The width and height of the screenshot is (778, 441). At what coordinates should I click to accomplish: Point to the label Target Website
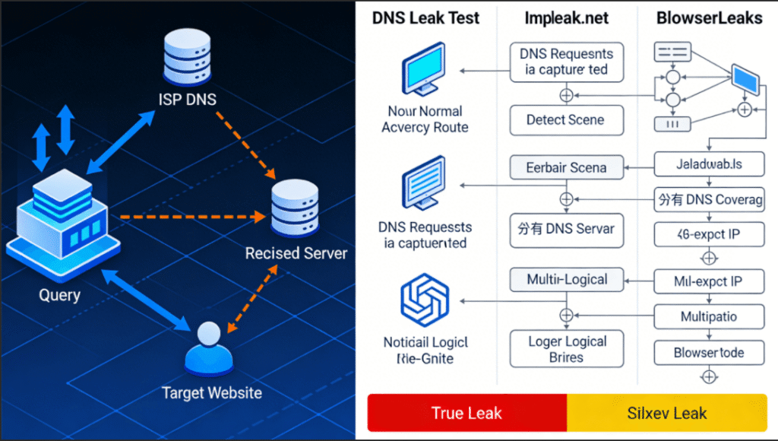[212, 393]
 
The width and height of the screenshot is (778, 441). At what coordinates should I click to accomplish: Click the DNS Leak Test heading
[425, 17]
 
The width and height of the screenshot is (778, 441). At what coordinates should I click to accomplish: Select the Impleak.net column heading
[565, 17]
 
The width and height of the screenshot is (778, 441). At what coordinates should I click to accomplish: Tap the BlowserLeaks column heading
[709, 17]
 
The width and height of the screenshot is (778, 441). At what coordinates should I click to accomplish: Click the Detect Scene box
[565, 120]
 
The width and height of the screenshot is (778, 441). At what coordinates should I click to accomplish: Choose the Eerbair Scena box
[565, 167]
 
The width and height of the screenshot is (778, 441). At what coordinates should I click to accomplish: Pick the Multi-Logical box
[567, 280]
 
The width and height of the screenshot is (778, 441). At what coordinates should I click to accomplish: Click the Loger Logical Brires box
[565, 349]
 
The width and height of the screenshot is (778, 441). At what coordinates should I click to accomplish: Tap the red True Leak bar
[466, 414]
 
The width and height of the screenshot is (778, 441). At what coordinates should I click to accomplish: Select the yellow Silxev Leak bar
[667, 414]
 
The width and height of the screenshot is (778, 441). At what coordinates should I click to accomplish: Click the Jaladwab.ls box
[709, 163]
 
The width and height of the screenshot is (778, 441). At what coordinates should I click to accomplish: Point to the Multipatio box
[709, 316]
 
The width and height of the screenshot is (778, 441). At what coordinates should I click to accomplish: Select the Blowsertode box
[709, 353]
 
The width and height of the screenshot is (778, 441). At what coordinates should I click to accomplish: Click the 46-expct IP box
[709, 235]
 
